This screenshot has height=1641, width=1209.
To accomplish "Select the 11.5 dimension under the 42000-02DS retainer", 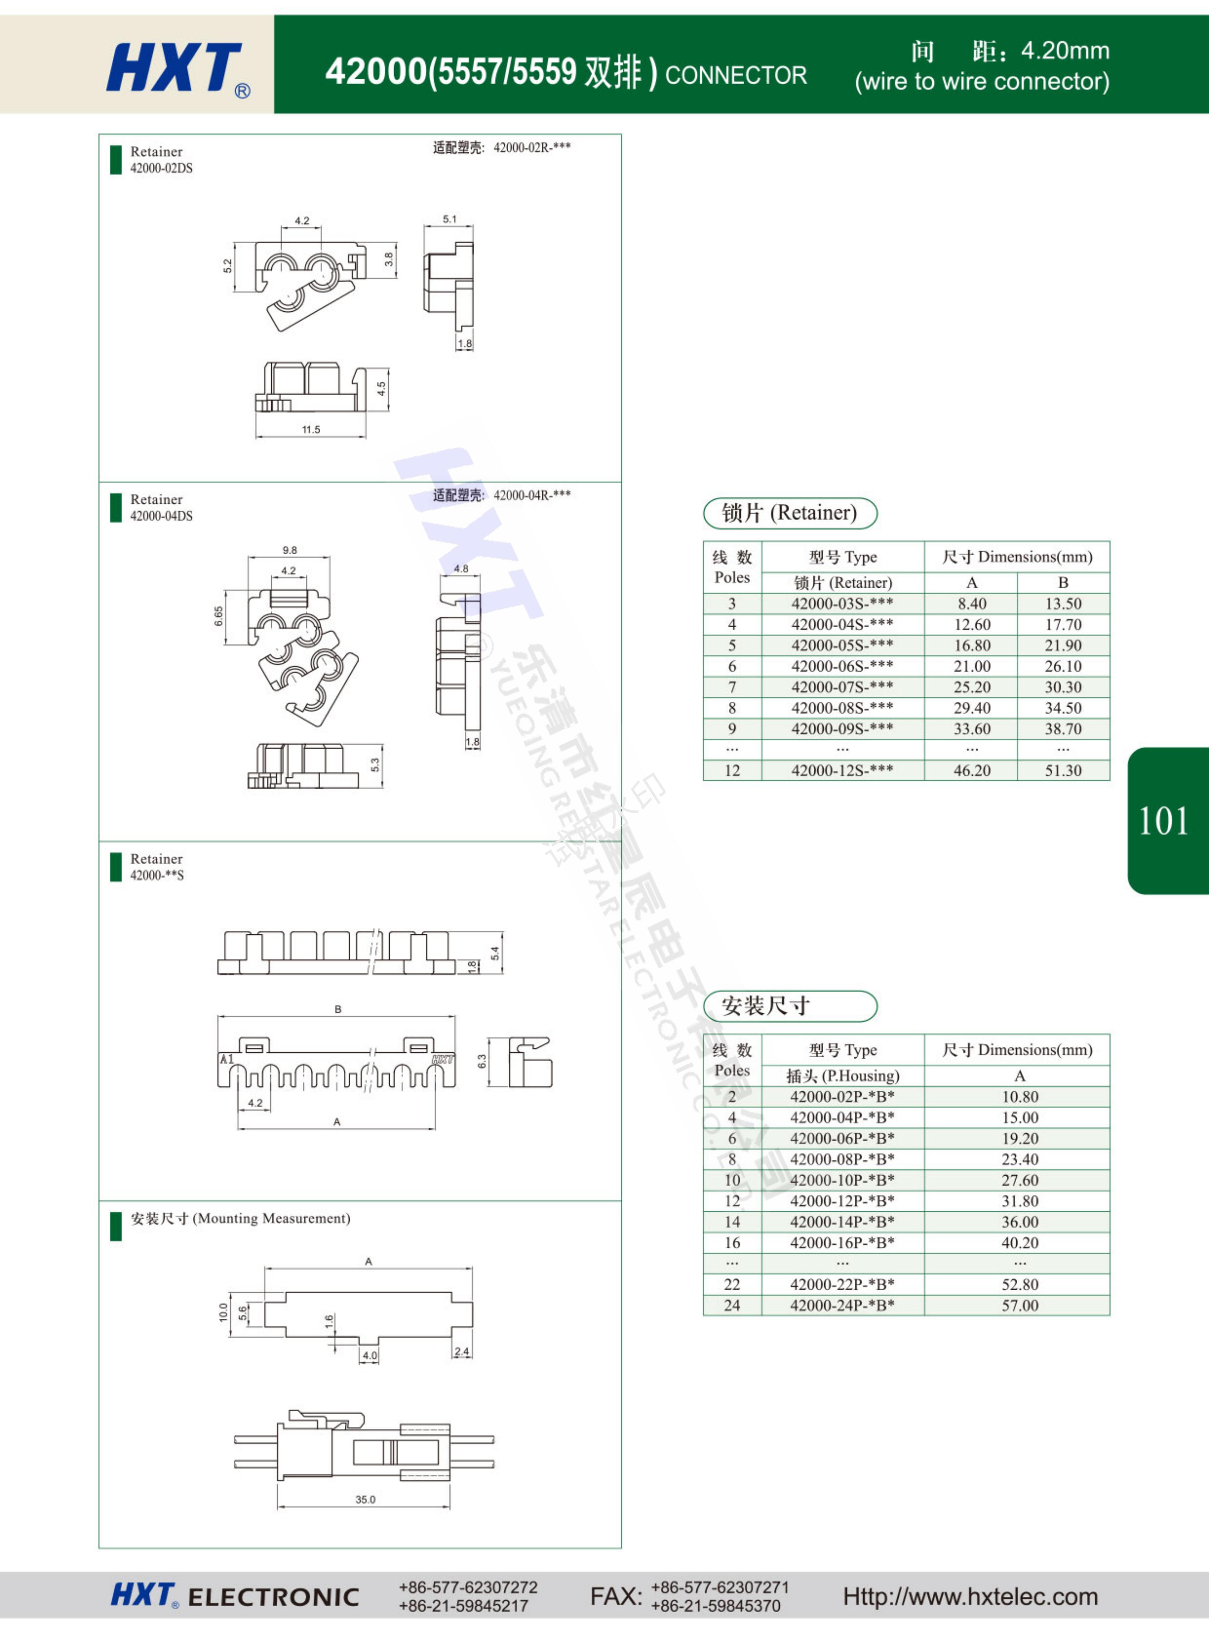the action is (x=311, y=429).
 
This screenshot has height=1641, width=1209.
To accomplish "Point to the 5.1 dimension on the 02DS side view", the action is (x=449, y=219).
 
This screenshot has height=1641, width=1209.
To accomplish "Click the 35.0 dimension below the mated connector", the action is (x=365, y=1499).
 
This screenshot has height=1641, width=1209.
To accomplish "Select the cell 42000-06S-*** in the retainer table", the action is (x=843, y=666).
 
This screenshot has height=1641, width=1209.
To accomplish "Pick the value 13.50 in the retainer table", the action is (x=1063, y=604).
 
